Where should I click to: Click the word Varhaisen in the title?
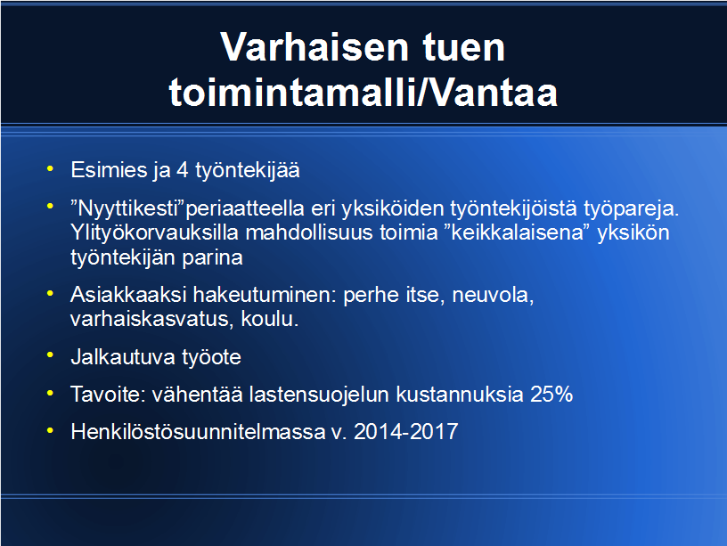314,47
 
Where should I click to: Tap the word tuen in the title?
463,47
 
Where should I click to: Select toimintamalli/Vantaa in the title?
363,93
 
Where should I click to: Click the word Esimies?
109,170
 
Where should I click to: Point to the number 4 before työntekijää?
183,170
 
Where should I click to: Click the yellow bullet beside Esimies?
50,169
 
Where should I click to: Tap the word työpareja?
632,208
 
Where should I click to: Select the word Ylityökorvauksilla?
155,232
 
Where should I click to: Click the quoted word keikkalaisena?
517,232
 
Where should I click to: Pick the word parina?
212,257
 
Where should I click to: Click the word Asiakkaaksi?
128,295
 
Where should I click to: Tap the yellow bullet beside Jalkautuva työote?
50,355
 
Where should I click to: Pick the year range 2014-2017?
405,432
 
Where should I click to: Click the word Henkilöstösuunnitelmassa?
198,432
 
